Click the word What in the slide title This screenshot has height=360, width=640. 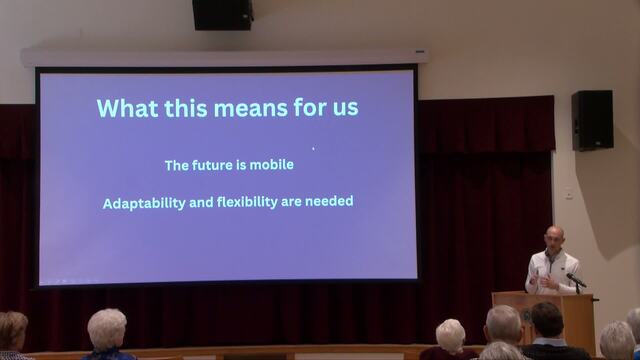[x=127, y=108]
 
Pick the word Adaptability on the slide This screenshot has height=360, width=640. [x=144, y=203]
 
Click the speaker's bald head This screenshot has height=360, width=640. [x=555, y=237]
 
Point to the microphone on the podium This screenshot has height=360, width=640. [x=576, y=280]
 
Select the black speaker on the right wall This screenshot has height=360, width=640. [x=592, y=120]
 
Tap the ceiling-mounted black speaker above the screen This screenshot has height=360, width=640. [x=223, y=15]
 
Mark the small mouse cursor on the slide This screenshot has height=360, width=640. [x=313, y=149]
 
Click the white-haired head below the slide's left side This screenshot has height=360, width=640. [x=107, y=330]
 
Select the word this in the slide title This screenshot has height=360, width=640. [x=186, y=108]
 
